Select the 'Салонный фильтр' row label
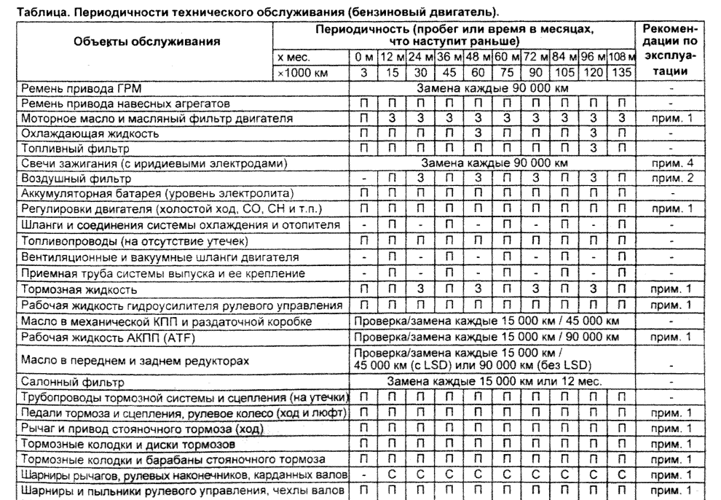[x=68, y=381]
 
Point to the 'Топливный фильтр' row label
[x=68, y=148]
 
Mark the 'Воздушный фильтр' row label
[x=71, y=177]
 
